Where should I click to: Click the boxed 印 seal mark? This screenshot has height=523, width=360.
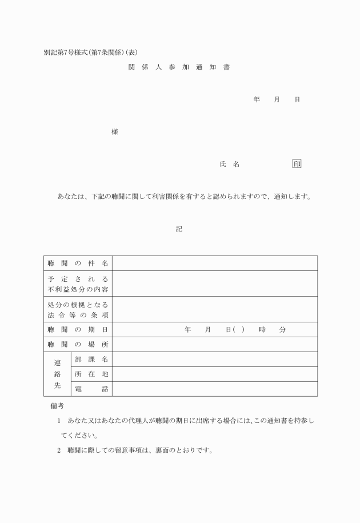[297, 164]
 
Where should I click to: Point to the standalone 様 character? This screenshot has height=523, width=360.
[115, 132]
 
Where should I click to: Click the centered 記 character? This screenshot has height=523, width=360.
[179, 229]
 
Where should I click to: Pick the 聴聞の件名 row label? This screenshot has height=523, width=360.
[78, 263]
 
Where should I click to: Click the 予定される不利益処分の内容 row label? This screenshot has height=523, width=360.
[78, 284]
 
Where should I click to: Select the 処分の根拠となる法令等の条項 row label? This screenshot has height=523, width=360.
[78, 309]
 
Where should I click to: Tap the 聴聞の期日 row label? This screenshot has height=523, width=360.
[78, 330]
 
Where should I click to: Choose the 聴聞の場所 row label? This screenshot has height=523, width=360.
[78, 344]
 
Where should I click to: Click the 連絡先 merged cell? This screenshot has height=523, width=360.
[57, 374]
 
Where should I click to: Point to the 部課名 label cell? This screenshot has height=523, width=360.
[91, 359]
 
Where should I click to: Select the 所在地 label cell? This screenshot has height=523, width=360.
[91, 374]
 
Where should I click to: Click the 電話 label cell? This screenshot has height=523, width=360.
[91, 389]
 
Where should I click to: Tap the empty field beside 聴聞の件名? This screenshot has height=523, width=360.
[215, 263]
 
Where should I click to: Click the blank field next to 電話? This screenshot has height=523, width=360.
[215, 389]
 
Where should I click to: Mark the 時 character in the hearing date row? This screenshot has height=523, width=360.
[262, 330]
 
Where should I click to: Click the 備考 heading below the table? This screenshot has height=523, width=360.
[57, 406]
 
